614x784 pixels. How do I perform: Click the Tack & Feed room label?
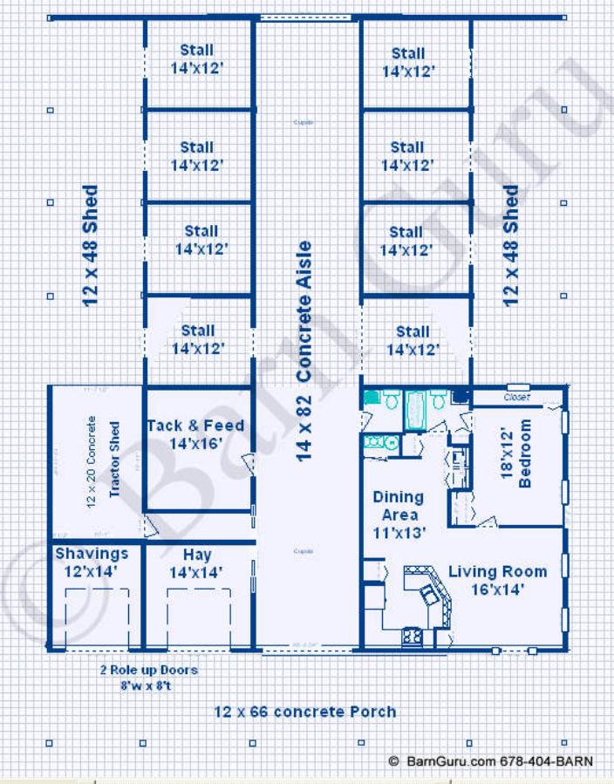[195, 434]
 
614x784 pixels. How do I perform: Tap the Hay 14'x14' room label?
[197, 563]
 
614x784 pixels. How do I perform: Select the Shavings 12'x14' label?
[92, 562]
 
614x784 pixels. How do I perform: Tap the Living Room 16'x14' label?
[498, 581]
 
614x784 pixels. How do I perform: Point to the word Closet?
[517, 397]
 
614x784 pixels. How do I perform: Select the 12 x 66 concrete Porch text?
[304, 712]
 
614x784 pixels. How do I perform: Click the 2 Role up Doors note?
[147, 677]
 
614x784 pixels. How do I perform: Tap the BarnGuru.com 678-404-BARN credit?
[490, 760]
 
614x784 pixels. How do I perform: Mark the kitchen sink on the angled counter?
[428, 594]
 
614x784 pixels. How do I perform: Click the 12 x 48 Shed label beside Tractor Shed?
[91, 244]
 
